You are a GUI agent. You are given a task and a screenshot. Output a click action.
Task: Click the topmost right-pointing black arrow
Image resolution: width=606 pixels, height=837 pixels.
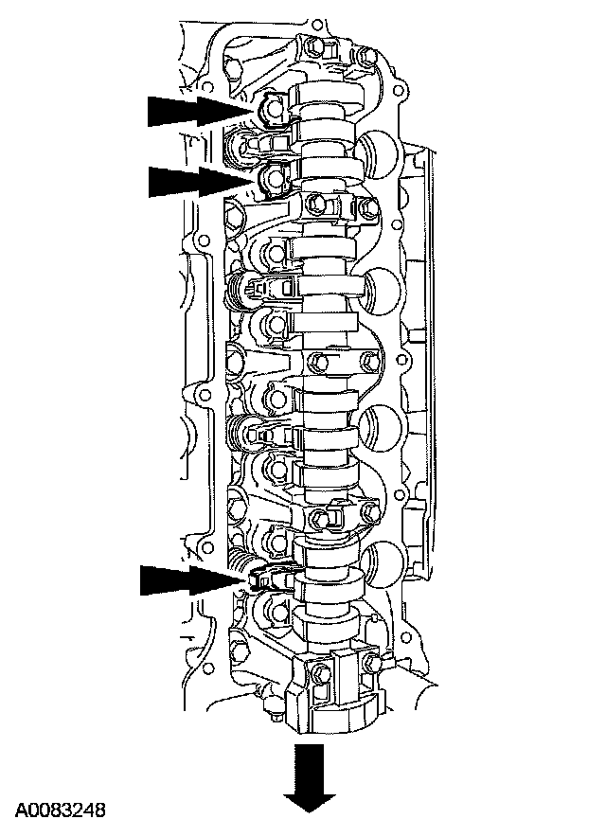pyautogui.click(x=200, y=111)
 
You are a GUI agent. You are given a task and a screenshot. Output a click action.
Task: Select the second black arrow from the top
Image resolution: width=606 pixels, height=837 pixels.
pyautogui.click(x=202, y=182)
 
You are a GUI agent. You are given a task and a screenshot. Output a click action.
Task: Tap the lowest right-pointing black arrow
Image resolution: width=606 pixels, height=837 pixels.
pyautogui.click(x=193, y=580)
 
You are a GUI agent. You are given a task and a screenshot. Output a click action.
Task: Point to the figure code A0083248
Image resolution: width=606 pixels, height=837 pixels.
pyautogui.click(x=61, y=810)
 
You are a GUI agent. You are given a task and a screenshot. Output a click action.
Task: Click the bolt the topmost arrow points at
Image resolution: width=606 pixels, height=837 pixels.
pyautogui.click(x=274, y=110)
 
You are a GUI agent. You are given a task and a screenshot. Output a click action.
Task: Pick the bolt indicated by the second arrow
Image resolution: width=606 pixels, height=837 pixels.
pyautogui.click(x=274, y=175)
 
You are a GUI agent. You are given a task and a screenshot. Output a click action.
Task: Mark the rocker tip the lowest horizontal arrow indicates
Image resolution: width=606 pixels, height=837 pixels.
pyautogui.click(x=259, y=578)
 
